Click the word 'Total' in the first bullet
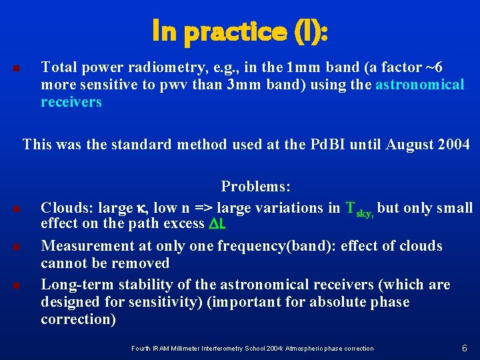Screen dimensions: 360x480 coord(57,67)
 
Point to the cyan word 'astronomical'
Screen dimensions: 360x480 coord(419,85)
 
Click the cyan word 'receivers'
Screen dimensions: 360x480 coord(71,102)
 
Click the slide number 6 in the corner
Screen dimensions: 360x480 coord(464,348)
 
